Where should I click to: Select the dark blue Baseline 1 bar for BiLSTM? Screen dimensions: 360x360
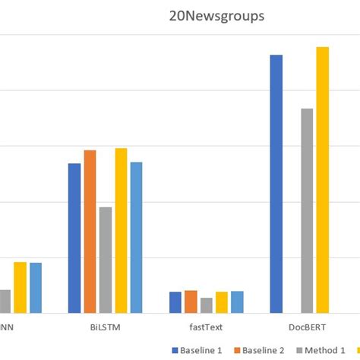pyautogui.click(x=74, y=238)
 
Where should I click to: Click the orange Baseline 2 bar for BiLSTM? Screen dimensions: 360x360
pyautogui.click(x=90, y=231)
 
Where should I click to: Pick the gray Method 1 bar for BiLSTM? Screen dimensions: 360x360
pyautogui.click(x=106, y=260)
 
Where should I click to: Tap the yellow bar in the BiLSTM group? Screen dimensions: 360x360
pyautogui.click(x=121, y=230)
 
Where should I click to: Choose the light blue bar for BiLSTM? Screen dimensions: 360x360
pyautogui.click(x=136, y=237)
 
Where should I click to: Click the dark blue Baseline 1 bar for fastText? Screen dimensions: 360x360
pyautogui.click(x=175, y=302)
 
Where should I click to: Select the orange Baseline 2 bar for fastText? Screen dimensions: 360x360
pyautogui.click(x=191, y=302)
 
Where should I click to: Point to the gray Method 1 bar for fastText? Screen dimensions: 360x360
pyautogui.click(x=206, y=305)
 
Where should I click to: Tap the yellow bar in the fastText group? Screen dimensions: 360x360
pyautogui.click(x=221, y=302)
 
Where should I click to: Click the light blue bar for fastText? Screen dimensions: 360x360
pyautogui.click(x=237, y=302)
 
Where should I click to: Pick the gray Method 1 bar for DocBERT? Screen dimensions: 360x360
pyautogui.click(x=307, y=210)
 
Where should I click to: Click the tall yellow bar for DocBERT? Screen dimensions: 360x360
pyautogui.click(x=323, y=180)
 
